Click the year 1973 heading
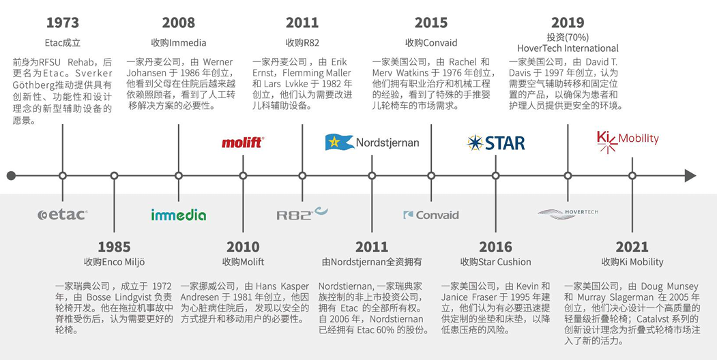coord(63,22)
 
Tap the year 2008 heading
coord(178,22)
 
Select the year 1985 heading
coord(115,247)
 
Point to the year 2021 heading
coord(632,247)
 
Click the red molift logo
coord(243,142)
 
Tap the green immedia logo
coord(179,215)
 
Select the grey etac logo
coord(63,214)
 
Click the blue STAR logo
coord(496,143)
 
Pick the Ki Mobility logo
coord(628,141)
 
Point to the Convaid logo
coord(430,215)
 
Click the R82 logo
coord(302,213)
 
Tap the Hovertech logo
coord(568,214)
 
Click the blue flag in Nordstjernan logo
coord(339,142)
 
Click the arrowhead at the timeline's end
coord(690,176)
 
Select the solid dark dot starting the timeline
coord(12,176)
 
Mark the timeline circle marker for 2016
coord(496,176)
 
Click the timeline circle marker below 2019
coord(568,176)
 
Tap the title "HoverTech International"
coord(568,48)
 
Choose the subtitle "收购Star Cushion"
coord(496,262)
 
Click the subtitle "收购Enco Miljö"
coord(115,262)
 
